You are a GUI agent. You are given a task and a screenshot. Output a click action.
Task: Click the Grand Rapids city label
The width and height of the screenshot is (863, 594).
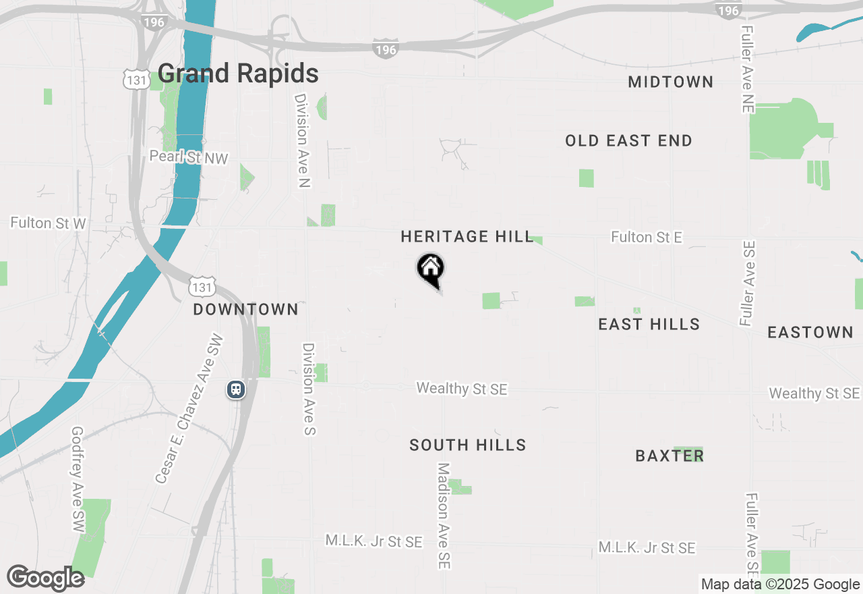coord(238,74)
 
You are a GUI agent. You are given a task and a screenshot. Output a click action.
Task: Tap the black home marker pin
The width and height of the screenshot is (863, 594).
coord(430,269)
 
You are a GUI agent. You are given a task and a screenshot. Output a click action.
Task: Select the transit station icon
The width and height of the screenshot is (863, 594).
coord(236,389)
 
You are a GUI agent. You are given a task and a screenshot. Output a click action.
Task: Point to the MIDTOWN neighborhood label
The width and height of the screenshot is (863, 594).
coord(670,82)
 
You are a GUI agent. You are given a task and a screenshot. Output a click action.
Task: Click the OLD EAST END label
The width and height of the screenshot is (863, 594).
coord(628,141)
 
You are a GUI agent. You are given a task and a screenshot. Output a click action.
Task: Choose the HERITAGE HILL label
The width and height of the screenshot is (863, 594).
coord(467,237)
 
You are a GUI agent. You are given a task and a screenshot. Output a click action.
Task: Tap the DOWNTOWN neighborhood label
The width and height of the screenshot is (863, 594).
coord(245,310)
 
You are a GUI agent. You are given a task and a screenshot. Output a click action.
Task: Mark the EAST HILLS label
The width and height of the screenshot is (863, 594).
coord(649,325)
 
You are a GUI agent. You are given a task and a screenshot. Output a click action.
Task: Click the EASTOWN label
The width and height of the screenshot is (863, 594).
coord(810,333)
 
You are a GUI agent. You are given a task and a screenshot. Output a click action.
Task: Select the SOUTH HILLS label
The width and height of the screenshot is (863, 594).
coord(468,446)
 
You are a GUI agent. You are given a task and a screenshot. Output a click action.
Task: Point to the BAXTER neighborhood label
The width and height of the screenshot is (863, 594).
coord(669,456)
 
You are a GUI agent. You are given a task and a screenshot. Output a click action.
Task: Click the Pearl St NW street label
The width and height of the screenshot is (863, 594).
coord(189,158)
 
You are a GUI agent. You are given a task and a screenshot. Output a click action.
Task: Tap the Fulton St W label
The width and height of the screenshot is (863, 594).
coord(48,223)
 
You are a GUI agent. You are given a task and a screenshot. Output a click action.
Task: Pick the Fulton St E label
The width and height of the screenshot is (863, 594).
coord(647,238)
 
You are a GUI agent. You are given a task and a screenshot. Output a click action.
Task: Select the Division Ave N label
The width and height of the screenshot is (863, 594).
coord(301,140)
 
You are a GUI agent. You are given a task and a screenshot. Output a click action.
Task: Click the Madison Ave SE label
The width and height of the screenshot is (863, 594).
coord(443,515)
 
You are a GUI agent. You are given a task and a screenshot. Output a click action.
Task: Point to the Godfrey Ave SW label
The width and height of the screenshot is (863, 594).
coord(78,479)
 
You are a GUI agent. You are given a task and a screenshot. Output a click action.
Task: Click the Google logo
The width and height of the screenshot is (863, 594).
coord(45,578)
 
